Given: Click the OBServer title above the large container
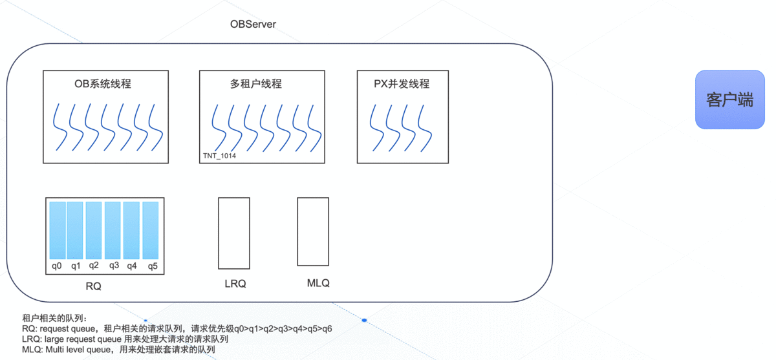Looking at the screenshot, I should pos(253,25).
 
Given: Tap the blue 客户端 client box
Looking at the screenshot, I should pos(729,100).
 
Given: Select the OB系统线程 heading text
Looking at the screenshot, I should pos(103,84).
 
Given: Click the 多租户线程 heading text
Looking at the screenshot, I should pos(256,84).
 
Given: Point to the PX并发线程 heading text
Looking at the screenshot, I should pos(402,84).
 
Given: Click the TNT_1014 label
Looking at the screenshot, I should pos(219,156).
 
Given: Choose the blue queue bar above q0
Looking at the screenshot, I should pos(58,230).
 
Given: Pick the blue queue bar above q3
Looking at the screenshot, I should pos(113,230).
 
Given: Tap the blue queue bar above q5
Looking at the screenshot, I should pos(151,230).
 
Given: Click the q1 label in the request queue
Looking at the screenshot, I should pos(76,266).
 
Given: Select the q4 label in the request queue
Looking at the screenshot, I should pos(132,266).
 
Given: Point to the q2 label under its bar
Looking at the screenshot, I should pos(94,265).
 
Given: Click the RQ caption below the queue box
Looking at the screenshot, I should pos(93,286).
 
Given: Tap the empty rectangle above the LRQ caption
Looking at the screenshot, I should pos(234,233).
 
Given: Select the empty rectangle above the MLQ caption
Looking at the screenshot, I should pos(313,231).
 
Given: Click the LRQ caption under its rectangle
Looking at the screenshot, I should pos(235,284).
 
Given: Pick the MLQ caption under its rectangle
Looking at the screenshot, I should pos(318,283).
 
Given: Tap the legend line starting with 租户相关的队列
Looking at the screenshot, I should pos(53,318).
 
